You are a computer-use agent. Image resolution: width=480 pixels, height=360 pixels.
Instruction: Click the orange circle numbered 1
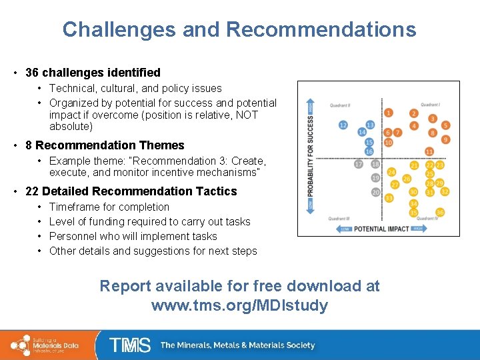[x=388, y=113]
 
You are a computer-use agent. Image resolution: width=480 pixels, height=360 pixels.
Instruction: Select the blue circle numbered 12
[x=343, y=125]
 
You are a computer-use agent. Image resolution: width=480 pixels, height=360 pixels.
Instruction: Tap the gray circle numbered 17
[x=359, y=164]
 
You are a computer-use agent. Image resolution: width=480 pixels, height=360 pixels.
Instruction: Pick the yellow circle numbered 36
[x=440, y=213]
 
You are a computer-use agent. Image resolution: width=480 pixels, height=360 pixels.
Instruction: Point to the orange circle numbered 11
[x=429, y=152]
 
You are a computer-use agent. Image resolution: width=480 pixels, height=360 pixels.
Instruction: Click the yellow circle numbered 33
[x=389, y=198]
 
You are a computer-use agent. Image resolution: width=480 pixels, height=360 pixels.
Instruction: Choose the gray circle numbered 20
[x=375, y=193]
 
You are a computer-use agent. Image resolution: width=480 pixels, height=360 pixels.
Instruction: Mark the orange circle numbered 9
[x=446, y=139]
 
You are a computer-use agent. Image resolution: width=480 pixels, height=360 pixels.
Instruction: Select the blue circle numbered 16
[x=369, y=152]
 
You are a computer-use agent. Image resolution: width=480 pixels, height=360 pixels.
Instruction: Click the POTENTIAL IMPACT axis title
[x=382, y=229]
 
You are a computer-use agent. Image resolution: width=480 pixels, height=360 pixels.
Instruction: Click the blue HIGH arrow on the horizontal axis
[x=418, y=229]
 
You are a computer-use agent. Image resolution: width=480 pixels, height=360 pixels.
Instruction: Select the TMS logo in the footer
[x=130, y=345]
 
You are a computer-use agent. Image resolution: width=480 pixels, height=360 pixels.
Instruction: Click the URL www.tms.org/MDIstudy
[x=240, y=306]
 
